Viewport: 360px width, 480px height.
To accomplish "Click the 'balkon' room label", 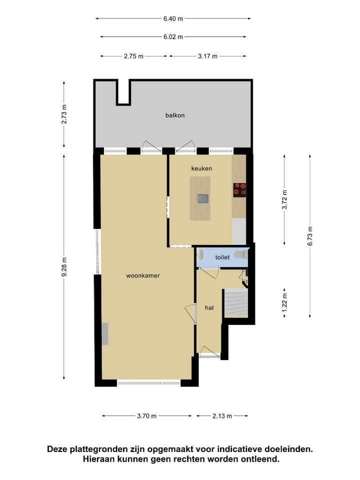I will [x=175, y=115].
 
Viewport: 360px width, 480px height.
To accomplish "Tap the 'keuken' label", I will [x=201, y=168].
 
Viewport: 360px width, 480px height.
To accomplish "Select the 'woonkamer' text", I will [x=143, y=275].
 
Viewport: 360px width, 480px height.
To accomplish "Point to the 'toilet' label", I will [x=222, y=257].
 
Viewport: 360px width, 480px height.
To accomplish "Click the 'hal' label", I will [x=209, y=307].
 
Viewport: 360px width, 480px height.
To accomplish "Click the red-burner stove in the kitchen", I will [x=239, y=189].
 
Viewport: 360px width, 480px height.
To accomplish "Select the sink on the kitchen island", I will [x=202, y=199].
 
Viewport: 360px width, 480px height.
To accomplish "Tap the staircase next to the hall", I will [x=236, y=303].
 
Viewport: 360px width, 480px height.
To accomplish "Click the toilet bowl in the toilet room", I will [x=240, y=255].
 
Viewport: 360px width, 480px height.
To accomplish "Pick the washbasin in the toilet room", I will [x=200, y=255].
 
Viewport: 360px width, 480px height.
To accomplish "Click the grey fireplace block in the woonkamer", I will [x=105, y=334].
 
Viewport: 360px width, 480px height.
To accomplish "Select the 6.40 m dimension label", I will [x=173, y=18].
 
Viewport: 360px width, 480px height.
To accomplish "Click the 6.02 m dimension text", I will [x=173, y=36].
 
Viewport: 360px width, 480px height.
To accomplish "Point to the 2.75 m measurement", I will [x=133, y=56].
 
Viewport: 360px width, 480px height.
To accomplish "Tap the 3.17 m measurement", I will [x=207, y=56].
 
